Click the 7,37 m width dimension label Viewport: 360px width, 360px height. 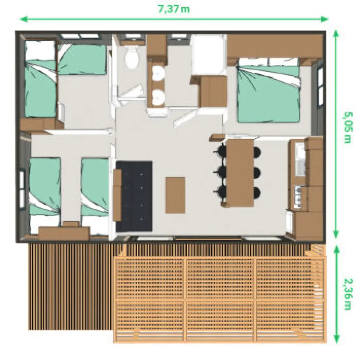174,9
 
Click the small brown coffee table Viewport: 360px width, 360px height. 175,195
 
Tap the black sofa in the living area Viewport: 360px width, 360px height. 134,197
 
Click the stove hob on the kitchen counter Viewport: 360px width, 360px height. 298,197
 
